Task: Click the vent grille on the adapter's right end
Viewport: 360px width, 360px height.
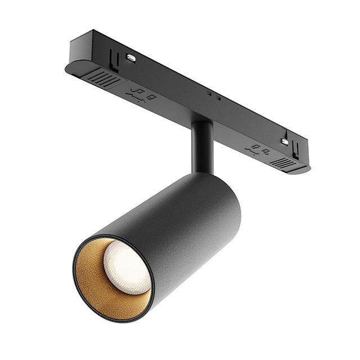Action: point(284,163)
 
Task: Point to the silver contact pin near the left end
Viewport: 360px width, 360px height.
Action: point(130,57)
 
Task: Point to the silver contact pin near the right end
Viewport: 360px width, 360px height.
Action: point(285,142)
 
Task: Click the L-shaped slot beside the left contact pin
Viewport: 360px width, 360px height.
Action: point(115,57)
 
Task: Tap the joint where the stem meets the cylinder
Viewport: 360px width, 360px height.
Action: point(201,172)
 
